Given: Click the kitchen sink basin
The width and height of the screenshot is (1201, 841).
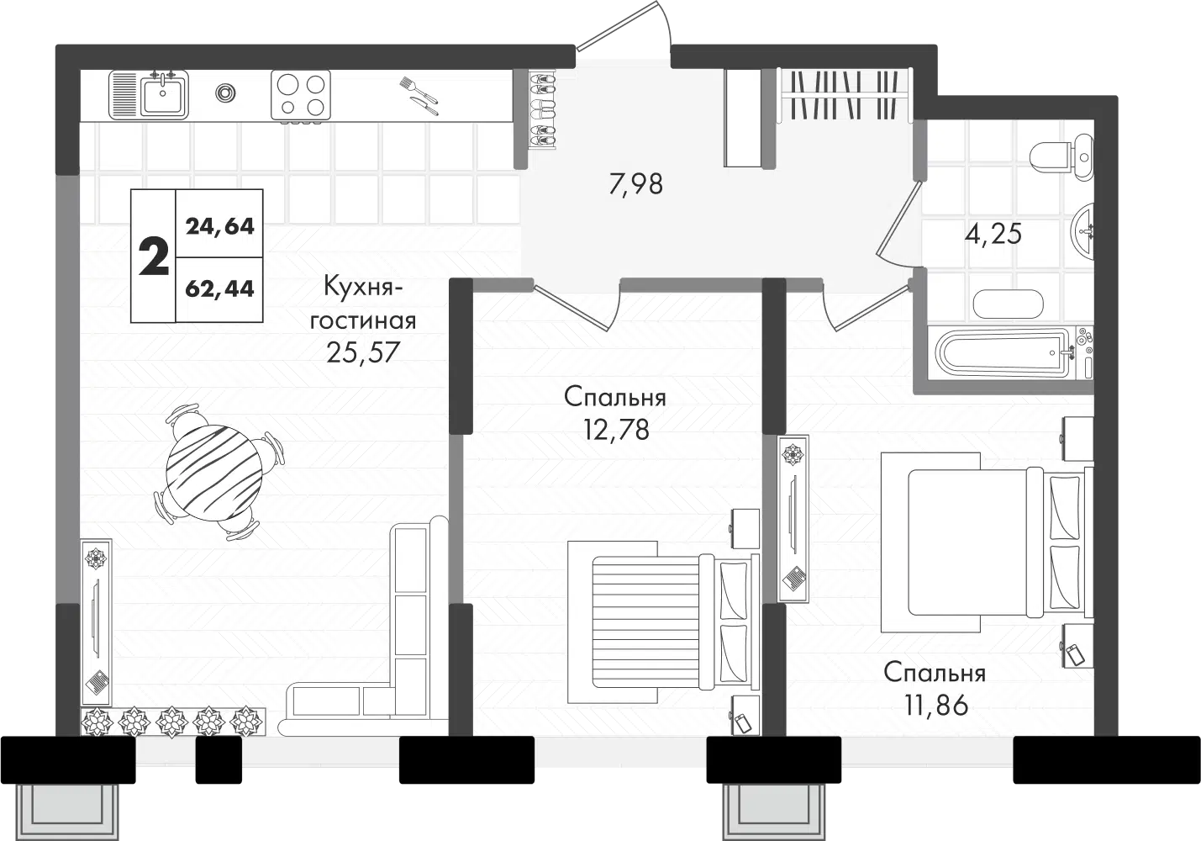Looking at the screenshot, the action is (x=164, y=96).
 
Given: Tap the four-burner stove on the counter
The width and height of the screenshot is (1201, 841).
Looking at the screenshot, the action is (x=301, y=95).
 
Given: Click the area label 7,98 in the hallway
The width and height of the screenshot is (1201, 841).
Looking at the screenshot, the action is (x=636, y=184).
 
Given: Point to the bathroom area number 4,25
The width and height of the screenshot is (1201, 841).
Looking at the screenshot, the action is (x=993, y=235).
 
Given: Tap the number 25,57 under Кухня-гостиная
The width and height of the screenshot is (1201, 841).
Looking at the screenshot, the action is (x=363, y=352).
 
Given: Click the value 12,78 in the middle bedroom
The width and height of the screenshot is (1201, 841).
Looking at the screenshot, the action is (x=617, y=430).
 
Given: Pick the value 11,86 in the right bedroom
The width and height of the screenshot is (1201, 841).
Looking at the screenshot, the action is (x=936, y=705).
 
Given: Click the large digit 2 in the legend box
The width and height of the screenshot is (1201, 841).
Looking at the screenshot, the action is (x=154, y=257).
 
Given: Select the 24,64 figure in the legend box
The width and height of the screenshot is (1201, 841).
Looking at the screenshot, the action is (x=220, y=227).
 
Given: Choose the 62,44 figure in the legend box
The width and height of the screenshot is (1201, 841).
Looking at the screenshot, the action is (x=219, y=289).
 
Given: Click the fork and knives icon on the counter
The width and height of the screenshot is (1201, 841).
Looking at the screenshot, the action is (x=419, y=96).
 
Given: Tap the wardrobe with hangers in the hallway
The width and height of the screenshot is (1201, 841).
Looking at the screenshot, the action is (x=845, y=95).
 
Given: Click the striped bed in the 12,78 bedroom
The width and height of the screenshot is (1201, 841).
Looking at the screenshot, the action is (x=663, y=621).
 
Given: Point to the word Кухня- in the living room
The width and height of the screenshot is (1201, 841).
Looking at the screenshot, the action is (x=363, y=288).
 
